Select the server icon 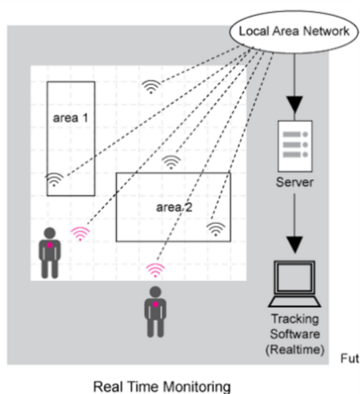295,146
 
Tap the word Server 294,182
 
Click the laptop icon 294,284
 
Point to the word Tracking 295,320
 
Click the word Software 295,334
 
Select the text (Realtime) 295,349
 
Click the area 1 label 70,118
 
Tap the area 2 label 174,207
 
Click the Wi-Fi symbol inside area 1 54,180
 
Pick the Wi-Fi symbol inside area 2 216,229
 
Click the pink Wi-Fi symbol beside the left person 80,234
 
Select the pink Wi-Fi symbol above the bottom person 155,270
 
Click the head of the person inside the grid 50,233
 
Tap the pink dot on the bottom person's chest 155,304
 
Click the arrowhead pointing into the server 294,105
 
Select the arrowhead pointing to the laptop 294,245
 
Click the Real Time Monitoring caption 162,387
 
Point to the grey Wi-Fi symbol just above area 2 171,162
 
